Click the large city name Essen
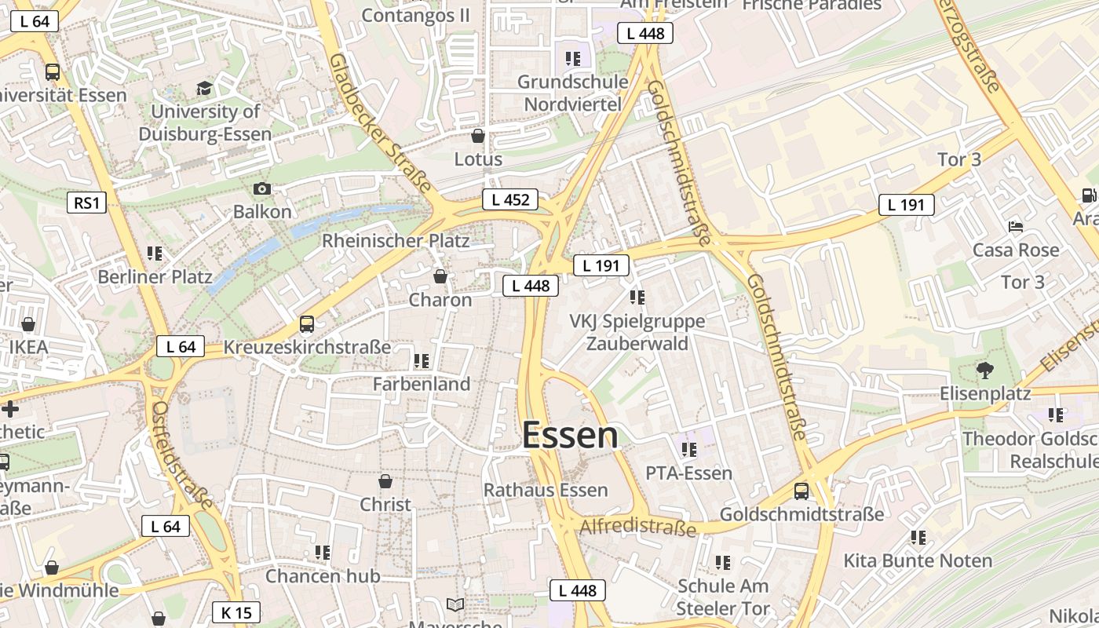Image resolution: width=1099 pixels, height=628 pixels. (570, 436)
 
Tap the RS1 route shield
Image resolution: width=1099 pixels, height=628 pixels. (86, 203)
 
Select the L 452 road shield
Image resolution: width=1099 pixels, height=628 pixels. (510, 199)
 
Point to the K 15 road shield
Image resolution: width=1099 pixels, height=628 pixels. (235, 612)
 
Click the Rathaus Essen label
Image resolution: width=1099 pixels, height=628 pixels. (546, 490)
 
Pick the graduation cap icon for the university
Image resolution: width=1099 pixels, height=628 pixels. (205, 87)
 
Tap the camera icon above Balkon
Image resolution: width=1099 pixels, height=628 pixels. (262, 188)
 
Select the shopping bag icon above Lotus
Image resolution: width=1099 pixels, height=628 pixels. (477, 136)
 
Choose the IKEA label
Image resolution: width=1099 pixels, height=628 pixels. (29, 346)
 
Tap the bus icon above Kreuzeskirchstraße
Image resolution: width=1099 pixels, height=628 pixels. (307, 323)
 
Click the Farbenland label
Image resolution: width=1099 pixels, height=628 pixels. (422, 384)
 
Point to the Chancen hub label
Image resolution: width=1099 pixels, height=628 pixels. (323, 575)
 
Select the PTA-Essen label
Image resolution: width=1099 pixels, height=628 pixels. (688, 473)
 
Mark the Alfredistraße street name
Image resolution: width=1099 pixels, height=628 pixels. (637, 527)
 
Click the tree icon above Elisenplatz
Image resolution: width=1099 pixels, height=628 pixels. (984, 370)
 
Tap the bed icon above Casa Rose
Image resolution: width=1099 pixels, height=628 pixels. (1016, 227)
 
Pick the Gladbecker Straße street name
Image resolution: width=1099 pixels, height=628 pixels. (381, 123)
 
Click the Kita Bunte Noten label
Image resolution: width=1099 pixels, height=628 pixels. (918, 560)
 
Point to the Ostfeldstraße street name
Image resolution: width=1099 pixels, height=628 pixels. (182, 455)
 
